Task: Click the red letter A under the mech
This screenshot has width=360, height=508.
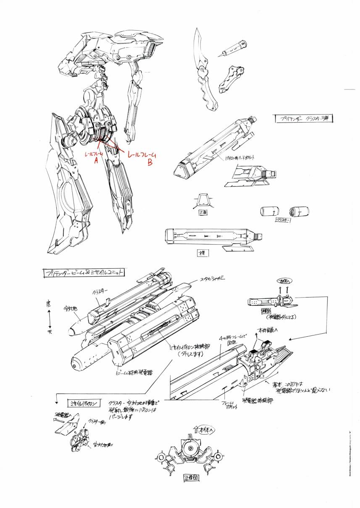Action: pos(96,162)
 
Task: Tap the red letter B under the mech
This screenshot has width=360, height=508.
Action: pos(150,164)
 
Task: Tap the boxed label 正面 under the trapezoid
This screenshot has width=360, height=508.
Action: pos(203,212)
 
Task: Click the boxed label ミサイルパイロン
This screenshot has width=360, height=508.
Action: pos(84,403)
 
